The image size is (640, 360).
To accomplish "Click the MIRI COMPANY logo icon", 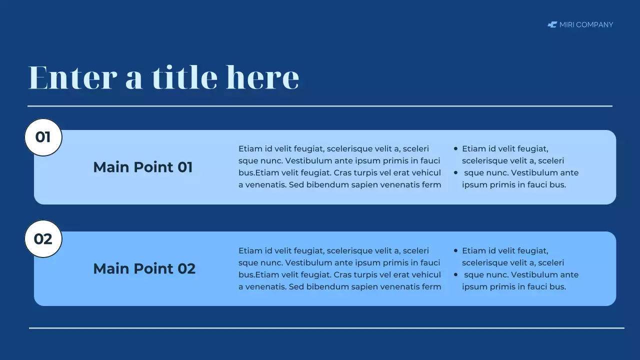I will tap(552, 24).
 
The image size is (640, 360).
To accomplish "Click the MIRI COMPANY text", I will tap(586, 24).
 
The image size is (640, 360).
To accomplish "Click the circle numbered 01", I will tap(43, 137).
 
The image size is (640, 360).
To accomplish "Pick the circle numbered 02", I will tap(43, 239).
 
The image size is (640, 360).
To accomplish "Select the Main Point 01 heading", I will tap(142, 167).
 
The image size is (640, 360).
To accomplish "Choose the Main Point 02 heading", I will tap(144, 269).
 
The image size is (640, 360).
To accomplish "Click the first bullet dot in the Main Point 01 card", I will tap(455, 148).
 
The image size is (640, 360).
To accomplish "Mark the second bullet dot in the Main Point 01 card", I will tap(455, 172).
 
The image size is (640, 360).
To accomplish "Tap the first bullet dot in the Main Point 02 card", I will tap(455, 250).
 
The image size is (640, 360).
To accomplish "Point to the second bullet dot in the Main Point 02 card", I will tap(455, 274).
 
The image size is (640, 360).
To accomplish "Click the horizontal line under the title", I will tap(320, 106).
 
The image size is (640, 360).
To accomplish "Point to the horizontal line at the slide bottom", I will tap(326, 328).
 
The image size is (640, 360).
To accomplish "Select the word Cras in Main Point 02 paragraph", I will tap(342, 274).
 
